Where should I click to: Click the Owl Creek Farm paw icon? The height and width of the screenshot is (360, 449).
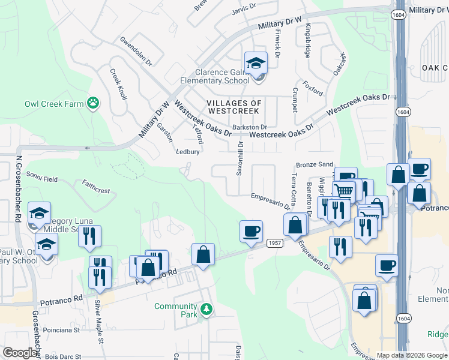pos(93,103)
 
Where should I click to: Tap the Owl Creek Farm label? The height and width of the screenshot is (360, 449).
pos(54,104)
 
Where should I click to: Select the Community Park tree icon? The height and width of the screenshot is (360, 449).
pos(206,310)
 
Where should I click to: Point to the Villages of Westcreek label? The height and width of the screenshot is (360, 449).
pos(234,107)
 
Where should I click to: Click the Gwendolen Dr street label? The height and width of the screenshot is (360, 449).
pos(136,52)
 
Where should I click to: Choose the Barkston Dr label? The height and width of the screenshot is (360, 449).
pos(249,127)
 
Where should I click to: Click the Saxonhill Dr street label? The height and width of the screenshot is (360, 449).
pos(240,158)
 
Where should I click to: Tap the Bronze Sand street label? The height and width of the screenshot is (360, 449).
pos(315,164)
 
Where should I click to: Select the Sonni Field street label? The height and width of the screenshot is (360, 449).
pos(41,179)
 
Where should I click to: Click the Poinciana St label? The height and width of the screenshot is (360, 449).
pos(62,330)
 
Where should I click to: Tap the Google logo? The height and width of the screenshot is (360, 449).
pos(20,353)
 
